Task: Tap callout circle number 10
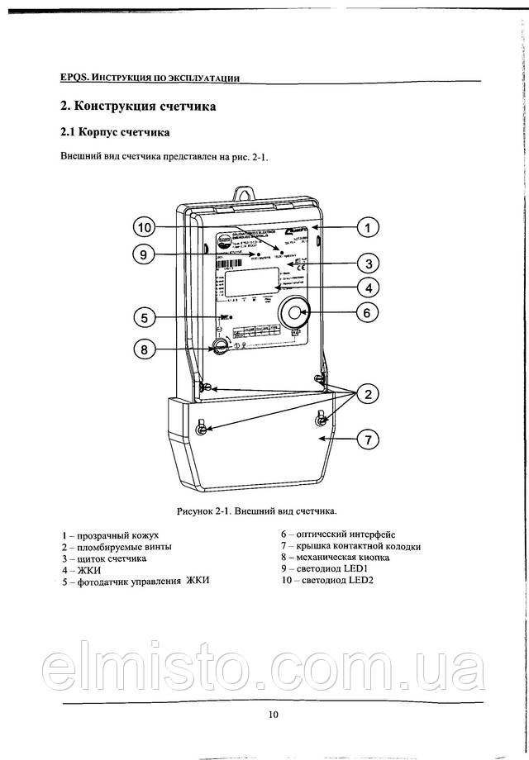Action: tap(144, 226)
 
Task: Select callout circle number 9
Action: tap(144, 254)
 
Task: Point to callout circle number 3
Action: tap(369, 264)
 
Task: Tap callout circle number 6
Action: tap(369, 312)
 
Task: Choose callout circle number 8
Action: tap(144, 349)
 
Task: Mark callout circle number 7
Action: tap(369, 440)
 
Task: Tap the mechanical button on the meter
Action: tap(220, 346)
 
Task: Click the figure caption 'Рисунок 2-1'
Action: tap(256, 511)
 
